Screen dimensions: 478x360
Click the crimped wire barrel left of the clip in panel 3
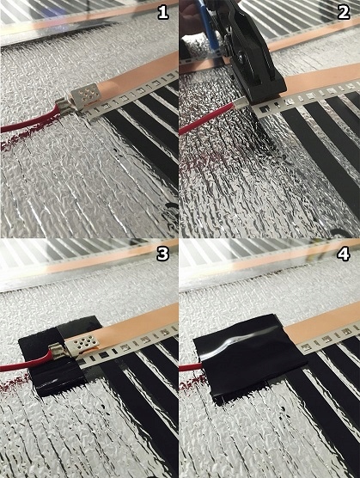[x=53, y=352]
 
